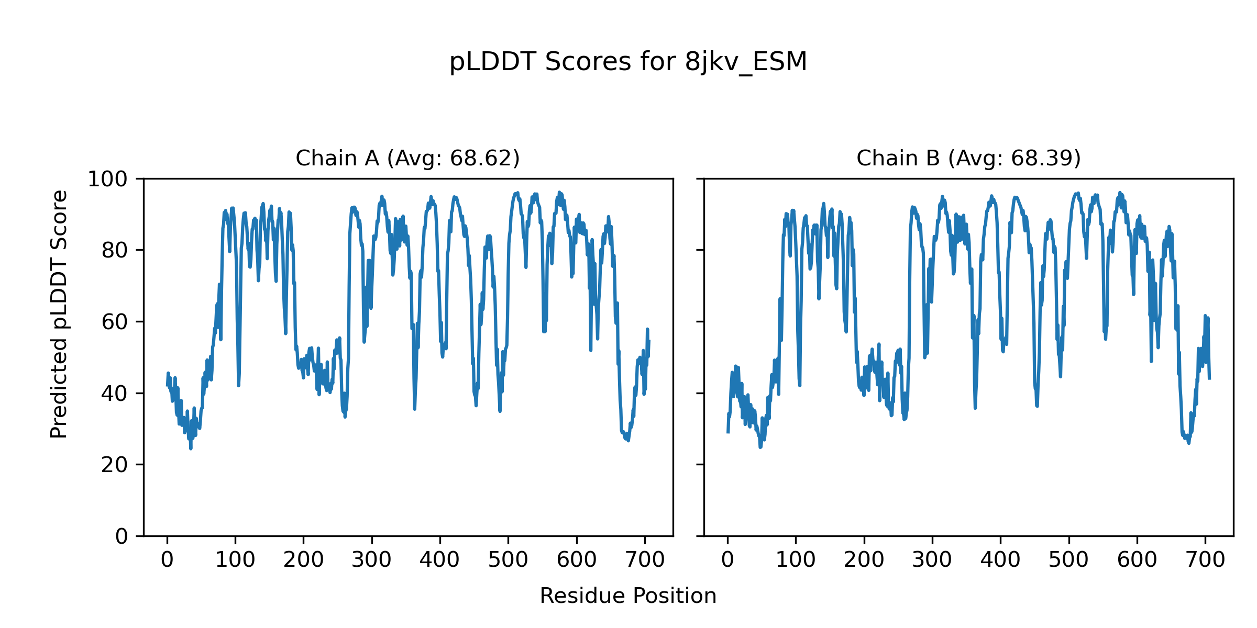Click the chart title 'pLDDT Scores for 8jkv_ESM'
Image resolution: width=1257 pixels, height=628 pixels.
[628, 62]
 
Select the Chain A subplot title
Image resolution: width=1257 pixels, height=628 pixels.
[407, 158]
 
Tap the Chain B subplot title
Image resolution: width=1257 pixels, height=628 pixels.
[968, 158]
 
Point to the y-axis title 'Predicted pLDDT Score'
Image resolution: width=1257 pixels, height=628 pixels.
[59, 314]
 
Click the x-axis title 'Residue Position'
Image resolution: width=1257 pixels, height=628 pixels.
[628, 596]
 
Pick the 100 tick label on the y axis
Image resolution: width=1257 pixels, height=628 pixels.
[107, 180]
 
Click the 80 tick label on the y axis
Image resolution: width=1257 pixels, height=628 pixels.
[115, 251]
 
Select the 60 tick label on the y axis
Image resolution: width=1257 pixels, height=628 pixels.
[115, 322]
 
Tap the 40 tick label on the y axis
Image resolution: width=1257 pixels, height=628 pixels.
[115, 394]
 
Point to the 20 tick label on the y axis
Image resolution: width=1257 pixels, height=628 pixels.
[115, 465]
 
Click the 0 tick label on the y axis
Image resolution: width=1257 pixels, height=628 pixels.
[122, 536]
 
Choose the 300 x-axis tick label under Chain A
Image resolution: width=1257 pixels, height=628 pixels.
[372, 560]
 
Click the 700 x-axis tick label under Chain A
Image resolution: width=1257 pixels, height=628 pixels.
[645, 560]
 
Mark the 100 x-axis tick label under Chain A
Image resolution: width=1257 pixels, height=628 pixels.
[235, 560]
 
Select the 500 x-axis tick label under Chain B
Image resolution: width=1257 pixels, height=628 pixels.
[1068, 560]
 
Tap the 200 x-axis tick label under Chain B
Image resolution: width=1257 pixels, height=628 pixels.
[864, 560]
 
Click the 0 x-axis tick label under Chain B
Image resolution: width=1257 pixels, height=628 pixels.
[727, 560]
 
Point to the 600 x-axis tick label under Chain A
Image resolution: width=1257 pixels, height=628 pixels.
[577, 560]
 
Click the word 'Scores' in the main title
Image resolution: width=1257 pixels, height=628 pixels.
[588, 62]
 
